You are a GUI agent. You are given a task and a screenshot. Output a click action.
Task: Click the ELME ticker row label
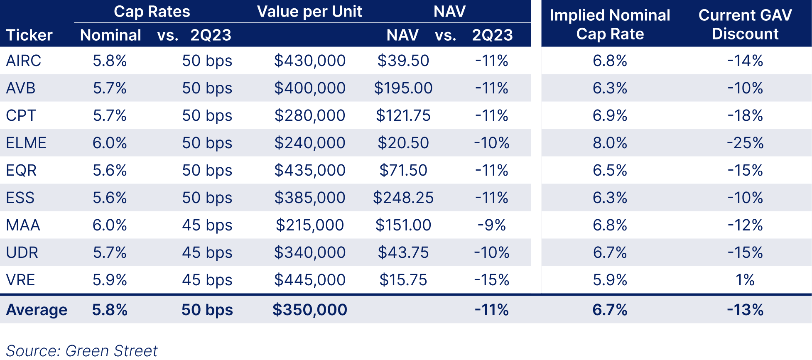coord(26,143)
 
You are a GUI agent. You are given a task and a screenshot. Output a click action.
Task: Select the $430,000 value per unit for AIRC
coord(309,61)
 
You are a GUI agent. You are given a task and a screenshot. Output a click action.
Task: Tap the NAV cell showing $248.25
coord(403,198)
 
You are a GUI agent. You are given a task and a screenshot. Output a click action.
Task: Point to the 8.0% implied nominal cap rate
coord(610,143)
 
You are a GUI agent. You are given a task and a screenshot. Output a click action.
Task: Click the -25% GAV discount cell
coord(745,143)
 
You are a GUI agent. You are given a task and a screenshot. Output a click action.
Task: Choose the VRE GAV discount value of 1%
coord(745,280)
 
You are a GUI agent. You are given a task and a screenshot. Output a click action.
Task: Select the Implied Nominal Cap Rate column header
coord(610,24)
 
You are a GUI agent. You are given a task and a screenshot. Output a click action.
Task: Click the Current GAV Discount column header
coord(745,24)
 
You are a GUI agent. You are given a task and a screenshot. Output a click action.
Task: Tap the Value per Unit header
coord(309,12)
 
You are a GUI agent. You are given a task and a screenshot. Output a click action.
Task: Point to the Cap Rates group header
coord(152,12)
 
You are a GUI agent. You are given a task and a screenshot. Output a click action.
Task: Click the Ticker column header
coord(29,35)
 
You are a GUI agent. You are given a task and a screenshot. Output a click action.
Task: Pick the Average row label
coord(37,310)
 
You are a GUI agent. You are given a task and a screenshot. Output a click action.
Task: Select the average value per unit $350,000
coord(309,310)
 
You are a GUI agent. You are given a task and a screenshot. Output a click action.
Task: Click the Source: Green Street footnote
coord(82,351)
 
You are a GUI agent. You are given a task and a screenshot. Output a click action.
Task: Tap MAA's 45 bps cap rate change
coord(207,225)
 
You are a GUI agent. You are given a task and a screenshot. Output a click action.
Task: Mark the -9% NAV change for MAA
coord(491,225)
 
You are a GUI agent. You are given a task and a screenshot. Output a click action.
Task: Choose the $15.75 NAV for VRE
coord(403,280)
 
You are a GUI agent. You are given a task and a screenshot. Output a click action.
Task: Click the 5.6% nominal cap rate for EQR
coord(110,170)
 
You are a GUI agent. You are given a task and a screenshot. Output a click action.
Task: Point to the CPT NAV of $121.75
coord(403,115)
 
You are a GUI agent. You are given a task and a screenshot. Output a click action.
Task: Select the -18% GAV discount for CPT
coord(745,115)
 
